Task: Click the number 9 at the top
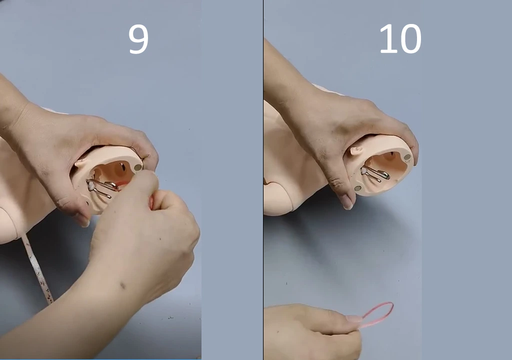pos(138,39)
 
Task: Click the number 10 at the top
pos(400,39)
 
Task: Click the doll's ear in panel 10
pos(356,150)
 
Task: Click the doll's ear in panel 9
pos(81,162)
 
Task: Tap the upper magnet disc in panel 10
pos(407,157)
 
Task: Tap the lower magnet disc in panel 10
pos(358,188)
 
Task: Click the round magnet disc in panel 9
pos(138,167)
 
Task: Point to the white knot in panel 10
pos(363,170)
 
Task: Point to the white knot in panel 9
pos(90,186)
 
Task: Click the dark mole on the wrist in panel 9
pos(123,286)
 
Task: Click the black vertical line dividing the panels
pos(263,180)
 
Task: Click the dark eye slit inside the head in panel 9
pos(123,167)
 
